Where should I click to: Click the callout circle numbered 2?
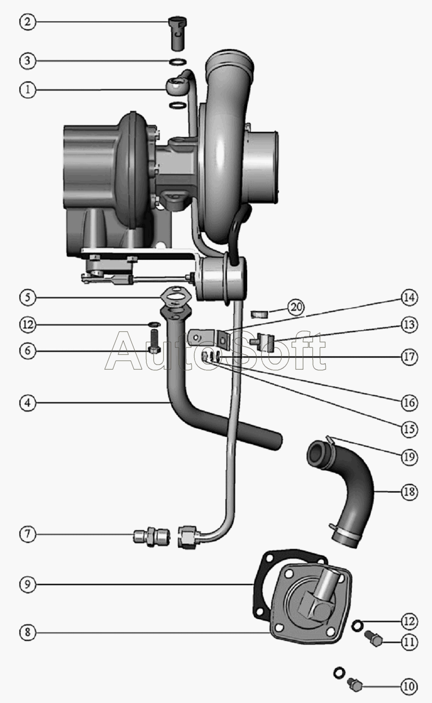[x=28, y=22]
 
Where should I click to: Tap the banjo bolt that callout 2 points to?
[x=179, y=34]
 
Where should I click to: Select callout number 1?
[x=28, y=90]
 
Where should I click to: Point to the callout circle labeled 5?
[x=28, y=298]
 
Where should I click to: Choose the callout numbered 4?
[x=28, y=403]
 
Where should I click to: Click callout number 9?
[x=28, y=584]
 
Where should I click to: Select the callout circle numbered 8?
[x=28, y=633]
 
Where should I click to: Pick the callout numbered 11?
[x=409, y=642]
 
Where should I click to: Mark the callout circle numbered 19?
[x=409, y=457]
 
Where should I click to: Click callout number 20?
[x=296, y=307]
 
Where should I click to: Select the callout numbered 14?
[x=409, y=298]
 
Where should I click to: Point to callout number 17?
[x=409, y=357]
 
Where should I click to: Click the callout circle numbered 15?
[x=409, y=429]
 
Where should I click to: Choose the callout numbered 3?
[x=28, y=60]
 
